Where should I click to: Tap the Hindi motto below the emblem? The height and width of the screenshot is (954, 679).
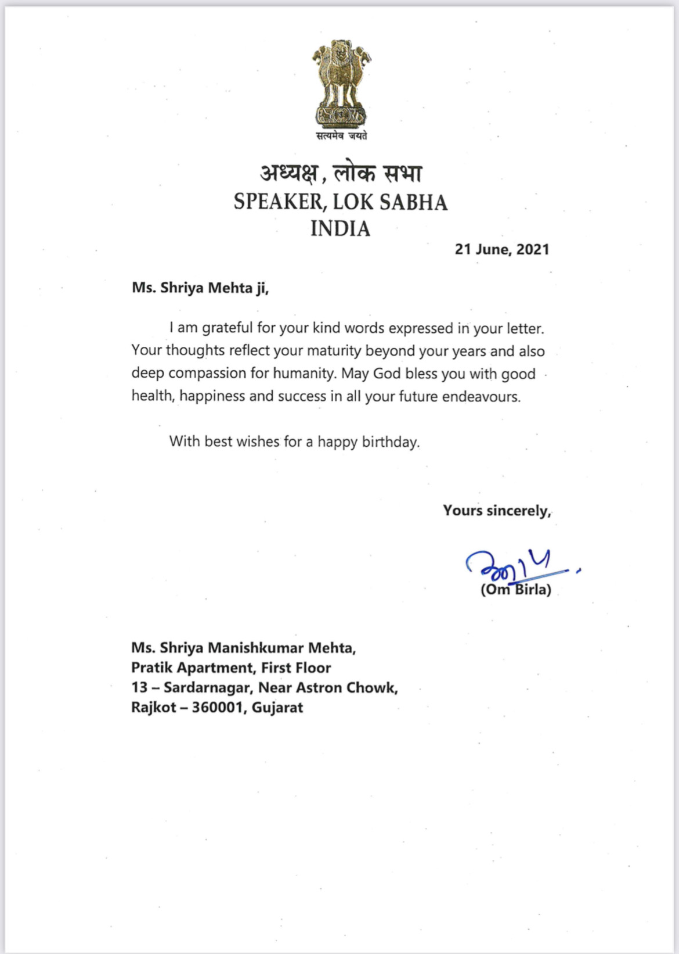pyautogui.click(x=341, y=136)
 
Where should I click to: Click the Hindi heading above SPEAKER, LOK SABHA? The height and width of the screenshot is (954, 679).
pyautogui.click(x=341, y=173)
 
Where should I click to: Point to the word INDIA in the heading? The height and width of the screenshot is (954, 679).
pyautogui.click(x=340, y=228)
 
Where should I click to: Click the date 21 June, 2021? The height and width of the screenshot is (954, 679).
pyautogui.click(x=501, y=249)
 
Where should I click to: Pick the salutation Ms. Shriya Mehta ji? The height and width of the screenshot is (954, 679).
pyautogui.click(x=200, y=288)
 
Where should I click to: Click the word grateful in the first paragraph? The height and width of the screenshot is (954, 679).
pyautogui.click(x=227, y=328)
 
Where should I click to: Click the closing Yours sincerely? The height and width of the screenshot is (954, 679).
pyautogui.click(x=497, y=511)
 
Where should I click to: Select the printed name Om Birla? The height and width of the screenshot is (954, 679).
pyautogui.click(x=516, y=590)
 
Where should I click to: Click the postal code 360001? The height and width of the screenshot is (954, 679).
pyautogui.click(x=218, y=708)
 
